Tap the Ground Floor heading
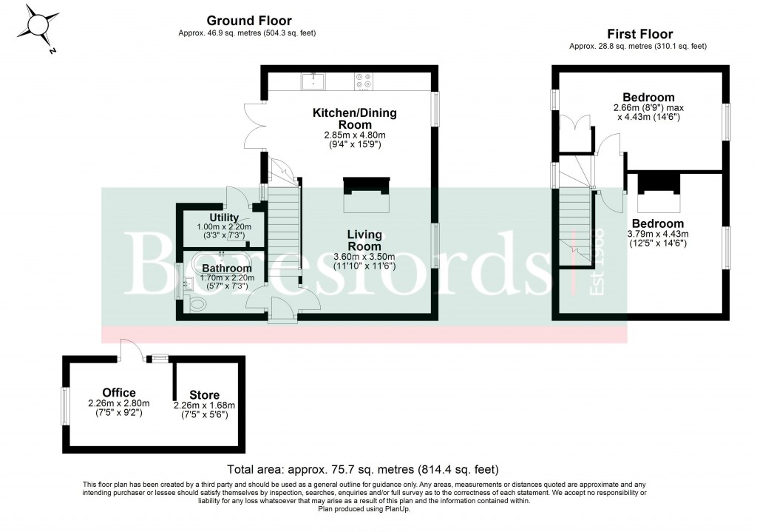click(248, 21)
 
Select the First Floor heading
click(639, 34)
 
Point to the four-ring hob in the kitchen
click(363, 80)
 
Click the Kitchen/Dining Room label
click(354, 118)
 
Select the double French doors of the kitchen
click(254, 120)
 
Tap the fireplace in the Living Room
click(367, 193)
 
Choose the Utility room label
click(224, 217)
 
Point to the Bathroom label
click(227, 268)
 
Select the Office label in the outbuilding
click(119, 393)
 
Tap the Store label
click(204, 395)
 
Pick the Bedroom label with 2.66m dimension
click(648, 98)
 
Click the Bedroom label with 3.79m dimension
click(657, 223)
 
